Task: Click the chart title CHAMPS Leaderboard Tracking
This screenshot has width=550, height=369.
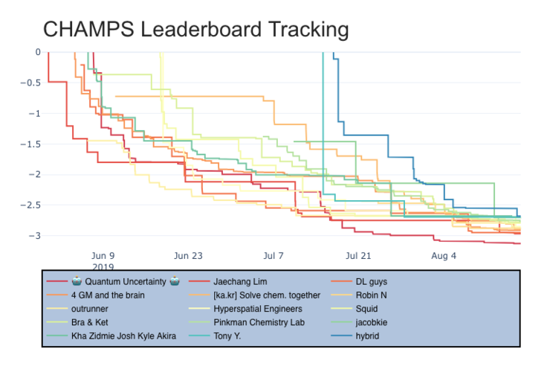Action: tap(195, 30)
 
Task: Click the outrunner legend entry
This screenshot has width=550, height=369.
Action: tap(91, 309)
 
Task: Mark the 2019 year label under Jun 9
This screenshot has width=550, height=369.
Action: tap(103, 266)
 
